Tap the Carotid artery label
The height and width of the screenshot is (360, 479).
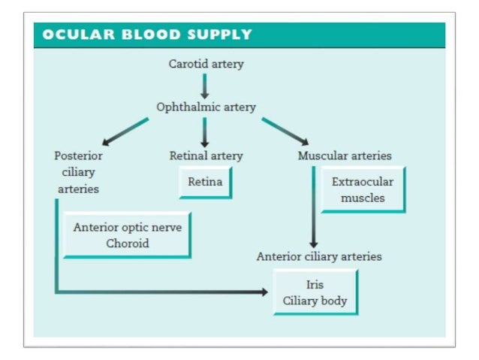(x=206, y=64)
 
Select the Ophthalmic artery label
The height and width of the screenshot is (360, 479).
(x=206, y=107)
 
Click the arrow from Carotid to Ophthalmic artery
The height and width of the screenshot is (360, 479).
(x=205, y=86)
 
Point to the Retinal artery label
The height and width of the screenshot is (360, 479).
(x=206, y=156)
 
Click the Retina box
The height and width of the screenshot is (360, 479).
(x=205, y=183)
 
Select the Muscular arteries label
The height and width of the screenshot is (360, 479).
(x=345, y=156)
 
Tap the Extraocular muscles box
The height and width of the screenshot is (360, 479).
(x=363, y=190)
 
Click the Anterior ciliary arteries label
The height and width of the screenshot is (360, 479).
(x=319, y=256)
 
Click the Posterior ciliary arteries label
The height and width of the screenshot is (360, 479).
(x=78, y=172)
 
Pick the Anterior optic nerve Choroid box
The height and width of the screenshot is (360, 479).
(x=127, y=234)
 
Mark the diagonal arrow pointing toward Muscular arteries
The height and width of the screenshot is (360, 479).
(x=285, y=130)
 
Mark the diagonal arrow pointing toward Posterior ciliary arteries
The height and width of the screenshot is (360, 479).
(x=125, y=130)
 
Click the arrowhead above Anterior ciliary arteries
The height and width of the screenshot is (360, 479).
(x=313, y=244)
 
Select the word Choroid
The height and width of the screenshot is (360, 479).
(x=127, y=244)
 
